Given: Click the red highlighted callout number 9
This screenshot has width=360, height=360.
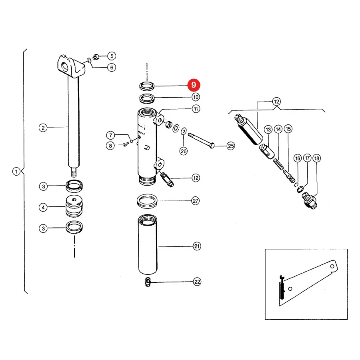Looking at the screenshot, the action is click(194, 85).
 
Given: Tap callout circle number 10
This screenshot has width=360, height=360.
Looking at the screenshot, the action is click(196, 97).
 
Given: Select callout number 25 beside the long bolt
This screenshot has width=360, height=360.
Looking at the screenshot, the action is click(231, 146).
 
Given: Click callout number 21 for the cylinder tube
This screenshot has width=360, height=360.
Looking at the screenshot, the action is click(197, 246).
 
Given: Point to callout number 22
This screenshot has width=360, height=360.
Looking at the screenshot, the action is click(197, 282).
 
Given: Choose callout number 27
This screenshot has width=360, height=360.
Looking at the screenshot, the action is click(195, 201).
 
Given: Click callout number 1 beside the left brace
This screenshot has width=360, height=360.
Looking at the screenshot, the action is click(16, 172).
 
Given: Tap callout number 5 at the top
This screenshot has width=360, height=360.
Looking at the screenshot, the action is click(112, 56).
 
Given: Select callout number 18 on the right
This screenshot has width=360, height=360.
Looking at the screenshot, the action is click(317, 158).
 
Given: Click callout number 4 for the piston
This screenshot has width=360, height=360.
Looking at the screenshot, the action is click(43, 208).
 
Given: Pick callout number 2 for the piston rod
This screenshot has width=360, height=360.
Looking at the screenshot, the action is click(43, 128).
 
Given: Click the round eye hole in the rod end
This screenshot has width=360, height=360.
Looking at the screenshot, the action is click(65, 66).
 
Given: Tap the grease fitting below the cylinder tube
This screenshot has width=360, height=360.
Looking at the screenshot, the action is click(148, 282).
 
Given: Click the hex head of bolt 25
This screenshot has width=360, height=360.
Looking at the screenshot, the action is click(212, 146).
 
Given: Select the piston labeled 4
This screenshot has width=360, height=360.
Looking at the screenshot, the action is click(74, 206).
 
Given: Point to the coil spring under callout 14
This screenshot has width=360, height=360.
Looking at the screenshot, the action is click(278, 164).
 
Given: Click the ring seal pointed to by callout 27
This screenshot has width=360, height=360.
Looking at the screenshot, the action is click(147, 201).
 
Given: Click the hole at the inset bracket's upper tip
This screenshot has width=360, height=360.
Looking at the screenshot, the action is click(332, 266).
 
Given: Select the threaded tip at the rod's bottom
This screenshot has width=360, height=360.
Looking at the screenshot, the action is click(74, 172).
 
